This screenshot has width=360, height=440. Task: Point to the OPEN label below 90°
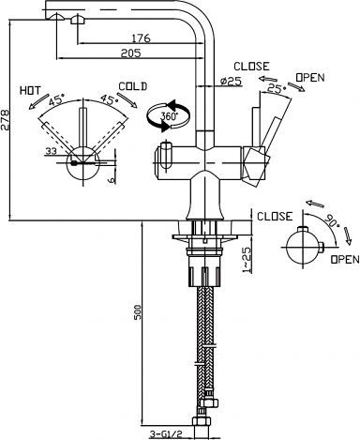click(x=343, y=259)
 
